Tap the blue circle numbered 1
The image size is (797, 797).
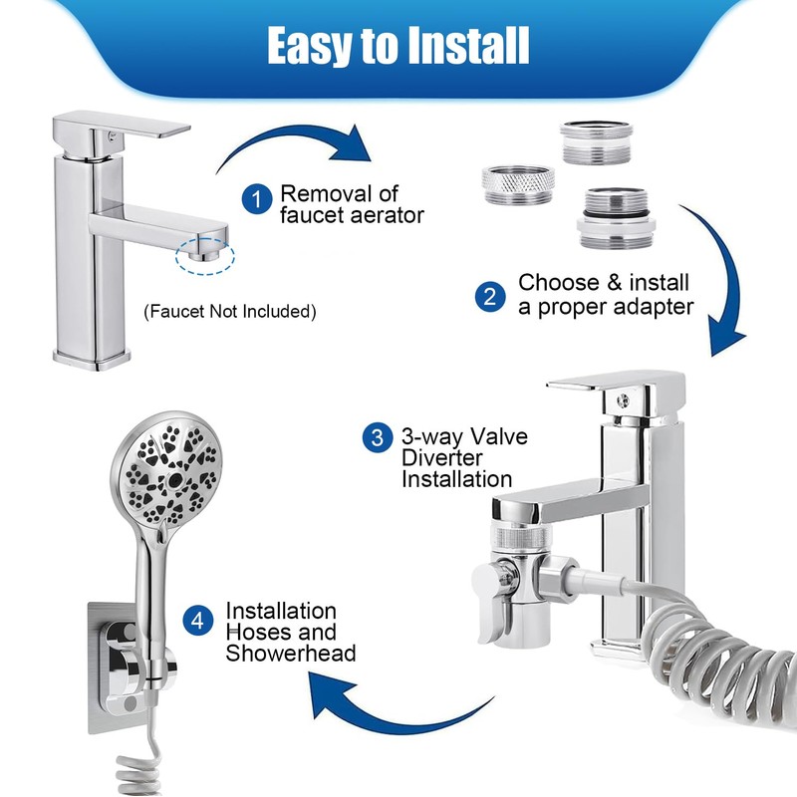click(258, 199)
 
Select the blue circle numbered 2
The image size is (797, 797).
click(490, 296)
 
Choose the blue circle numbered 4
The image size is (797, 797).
click(199, 621)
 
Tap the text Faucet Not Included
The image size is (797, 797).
click(230, 312)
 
